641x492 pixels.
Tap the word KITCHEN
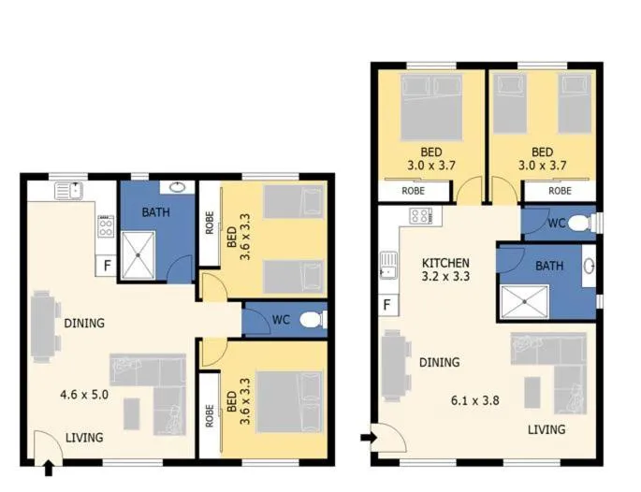pos(445,263)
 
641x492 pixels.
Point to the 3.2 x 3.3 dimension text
pos(445,278)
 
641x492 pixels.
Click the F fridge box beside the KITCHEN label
pos(386,305)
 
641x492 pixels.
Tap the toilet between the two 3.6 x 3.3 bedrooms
pos(313,320)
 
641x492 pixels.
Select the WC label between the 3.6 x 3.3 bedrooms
pos(280,320)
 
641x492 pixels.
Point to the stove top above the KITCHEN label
pos(420,216)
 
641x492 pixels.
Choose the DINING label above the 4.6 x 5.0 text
pos(84,324)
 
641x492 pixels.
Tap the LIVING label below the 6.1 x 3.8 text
pos(546,429)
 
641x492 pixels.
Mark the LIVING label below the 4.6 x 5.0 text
pos(84,437)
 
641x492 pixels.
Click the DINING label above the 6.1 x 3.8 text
pos(439,363)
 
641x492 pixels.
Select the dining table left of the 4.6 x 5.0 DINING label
pos(42,325)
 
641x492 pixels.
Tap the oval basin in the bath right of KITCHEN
pos(589,267)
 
